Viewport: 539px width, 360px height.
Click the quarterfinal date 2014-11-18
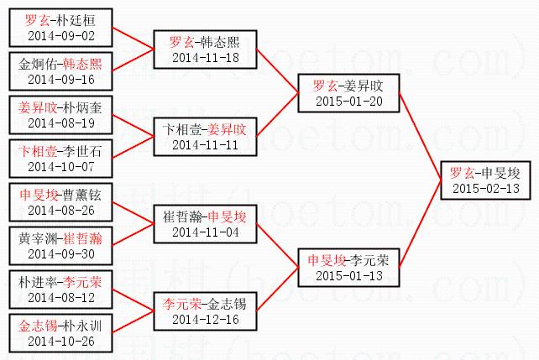[205, 57]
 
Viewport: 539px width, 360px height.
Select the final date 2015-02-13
[484, 188]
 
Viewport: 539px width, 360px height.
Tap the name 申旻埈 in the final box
[500, 173]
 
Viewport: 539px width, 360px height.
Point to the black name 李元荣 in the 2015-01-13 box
[368, 259]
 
